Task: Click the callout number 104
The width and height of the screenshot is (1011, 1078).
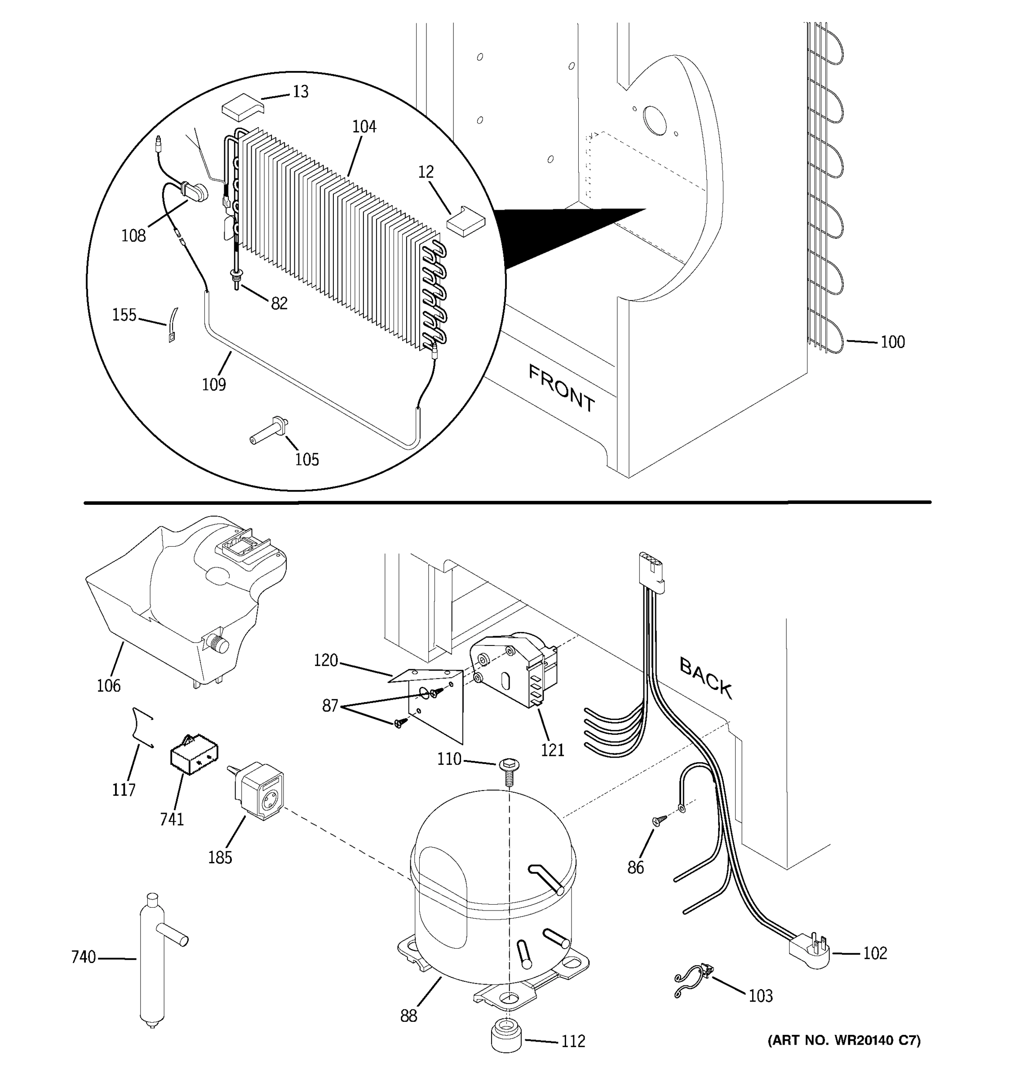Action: point(364,127)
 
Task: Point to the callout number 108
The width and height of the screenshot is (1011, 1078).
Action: point(133,236)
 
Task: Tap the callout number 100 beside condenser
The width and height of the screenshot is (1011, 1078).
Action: point(892,342)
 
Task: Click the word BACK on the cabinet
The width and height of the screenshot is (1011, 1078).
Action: point(705,677)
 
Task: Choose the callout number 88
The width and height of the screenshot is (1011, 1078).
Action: point(408,1016)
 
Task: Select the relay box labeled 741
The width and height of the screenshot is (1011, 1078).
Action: point(194,756)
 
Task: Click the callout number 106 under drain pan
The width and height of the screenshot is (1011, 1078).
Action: point(108,686)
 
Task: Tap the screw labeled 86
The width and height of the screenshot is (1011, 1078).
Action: point(660,822)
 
